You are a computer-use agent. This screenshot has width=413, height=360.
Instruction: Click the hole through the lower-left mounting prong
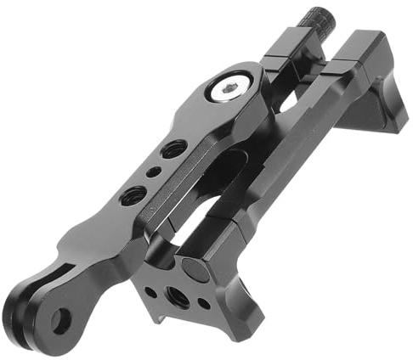[60, 320]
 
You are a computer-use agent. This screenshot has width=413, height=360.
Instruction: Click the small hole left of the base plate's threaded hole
[151, 291]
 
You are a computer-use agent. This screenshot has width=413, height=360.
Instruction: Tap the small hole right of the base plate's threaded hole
[203, 304]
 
